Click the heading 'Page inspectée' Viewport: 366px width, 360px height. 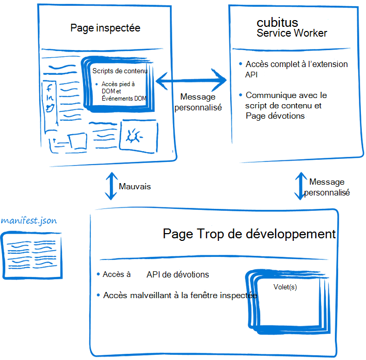(x=105, y=28)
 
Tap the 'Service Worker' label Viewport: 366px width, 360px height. (x=292, y=34)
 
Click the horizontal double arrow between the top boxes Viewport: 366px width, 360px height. (x=192, y=80)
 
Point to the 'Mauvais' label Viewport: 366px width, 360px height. (x=135, y=186)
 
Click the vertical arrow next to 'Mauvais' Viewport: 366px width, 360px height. (x=109, y=186)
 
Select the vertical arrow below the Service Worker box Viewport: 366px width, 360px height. (x=299, y=186)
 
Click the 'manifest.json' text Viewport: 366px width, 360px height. (x=29, y=221)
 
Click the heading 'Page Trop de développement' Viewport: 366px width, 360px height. (x=249, y=234)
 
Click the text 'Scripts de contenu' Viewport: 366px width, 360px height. (x=120, y=71)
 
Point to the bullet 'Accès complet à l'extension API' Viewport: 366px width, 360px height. (x=296, y=69)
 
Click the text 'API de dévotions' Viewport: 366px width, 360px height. (x=178, y=274)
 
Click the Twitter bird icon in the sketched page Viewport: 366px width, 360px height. (x=50, y=108)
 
